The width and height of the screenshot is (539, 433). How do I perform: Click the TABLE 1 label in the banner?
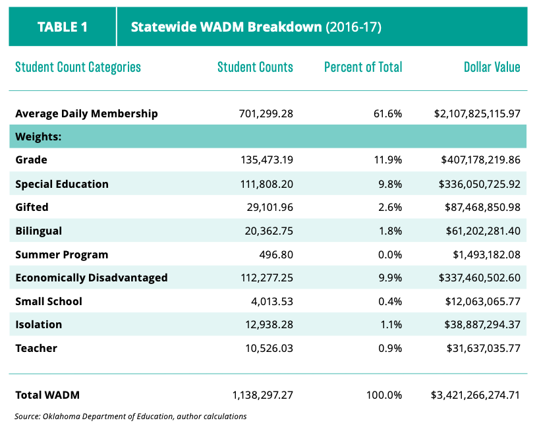(62, 27)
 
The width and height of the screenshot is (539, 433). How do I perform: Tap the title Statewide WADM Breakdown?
(226, 27)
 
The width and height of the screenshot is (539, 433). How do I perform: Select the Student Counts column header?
(255, 67)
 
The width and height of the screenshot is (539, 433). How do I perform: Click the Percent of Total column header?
(363, 67)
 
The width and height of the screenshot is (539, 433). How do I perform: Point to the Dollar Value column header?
(492, 67)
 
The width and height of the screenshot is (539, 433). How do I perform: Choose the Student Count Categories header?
(78, 67)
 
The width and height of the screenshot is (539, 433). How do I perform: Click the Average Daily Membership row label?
(86, 114)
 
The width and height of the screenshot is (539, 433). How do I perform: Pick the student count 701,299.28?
(266, 114)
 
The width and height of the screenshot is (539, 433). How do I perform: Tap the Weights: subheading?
(38, 137)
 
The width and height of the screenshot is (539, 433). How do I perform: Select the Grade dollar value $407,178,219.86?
(480, 160)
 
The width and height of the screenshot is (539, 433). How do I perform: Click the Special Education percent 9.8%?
(390, 184)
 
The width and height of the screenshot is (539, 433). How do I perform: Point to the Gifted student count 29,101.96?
(270, 207)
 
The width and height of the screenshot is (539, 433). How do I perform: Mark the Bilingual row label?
(38, 231)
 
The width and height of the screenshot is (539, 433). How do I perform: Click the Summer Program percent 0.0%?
(390, 254)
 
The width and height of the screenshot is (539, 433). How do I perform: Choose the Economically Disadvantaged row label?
(92, 278)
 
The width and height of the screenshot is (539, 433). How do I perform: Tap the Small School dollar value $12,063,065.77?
(482, 302)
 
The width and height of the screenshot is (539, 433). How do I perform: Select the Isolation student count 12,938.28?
(269, 324)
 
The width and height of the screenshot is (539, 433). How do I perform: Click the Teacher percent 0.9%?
(390, 348)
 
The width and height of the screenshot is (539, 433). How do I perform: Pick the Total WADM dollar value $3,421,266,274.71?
(475, 395)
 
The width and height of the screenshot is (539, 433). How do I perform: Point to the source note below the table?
(130, 417)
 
